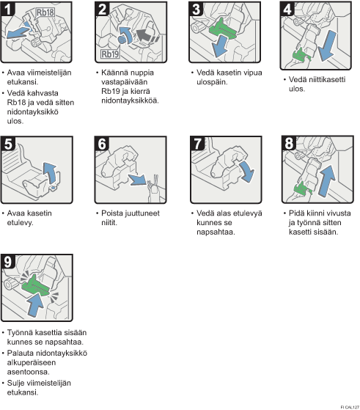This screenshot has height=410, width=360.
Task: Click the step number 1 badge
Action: pyautogui.click(x=8, y=9)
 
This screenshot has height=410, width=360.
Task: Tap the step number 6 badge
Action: pyautogui.click(x=102, y=144)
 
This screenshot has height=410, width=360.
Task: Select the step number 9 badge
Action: pyautogui.click(x=8, y=262)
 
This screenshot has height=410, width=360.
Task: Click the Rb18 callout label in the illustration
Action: pyautogui.click(x=45, y=12)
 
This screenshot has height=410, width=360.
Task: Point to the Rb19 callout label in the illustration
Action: pyautogui.click(x=110, y=54)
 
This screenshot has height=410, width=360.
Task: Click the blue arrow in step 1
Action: pyautogui.click(x=18, y=33)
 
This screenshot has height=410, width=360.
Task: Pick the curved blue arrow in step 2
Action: pyautogui.click(x=125, y=36)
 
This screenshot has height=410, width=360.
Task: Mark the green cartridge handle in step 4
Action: pyautogui.click(x=301, y=56)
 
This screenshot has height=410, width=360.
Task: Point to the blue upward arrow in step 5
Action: pyautogui.click(x=50, y=173)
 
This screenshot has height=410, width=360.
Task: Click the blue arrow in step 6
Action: pyautogui.click(x=138, y=180)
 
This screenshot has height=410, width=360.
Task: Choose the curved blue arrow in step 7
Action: pyautogui.click(x=246, y=172)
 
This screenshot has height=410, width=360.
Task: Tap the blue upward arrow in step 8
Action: pyautogui.click(x=327, y=180)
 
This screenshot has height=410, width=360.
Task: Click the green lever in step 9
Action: pyautogui.click(x=35, y=285)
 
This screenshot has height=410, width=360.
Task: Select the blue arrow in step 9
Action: pyautogui.click(x=35, y=304)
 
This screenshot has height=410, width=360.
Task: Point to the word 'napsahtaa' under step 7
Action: pyautogui.click(x=216, y=233)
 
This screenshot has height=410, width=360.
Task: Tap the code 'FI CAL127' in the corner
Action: pyautogui.click(x=350, y=407)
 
